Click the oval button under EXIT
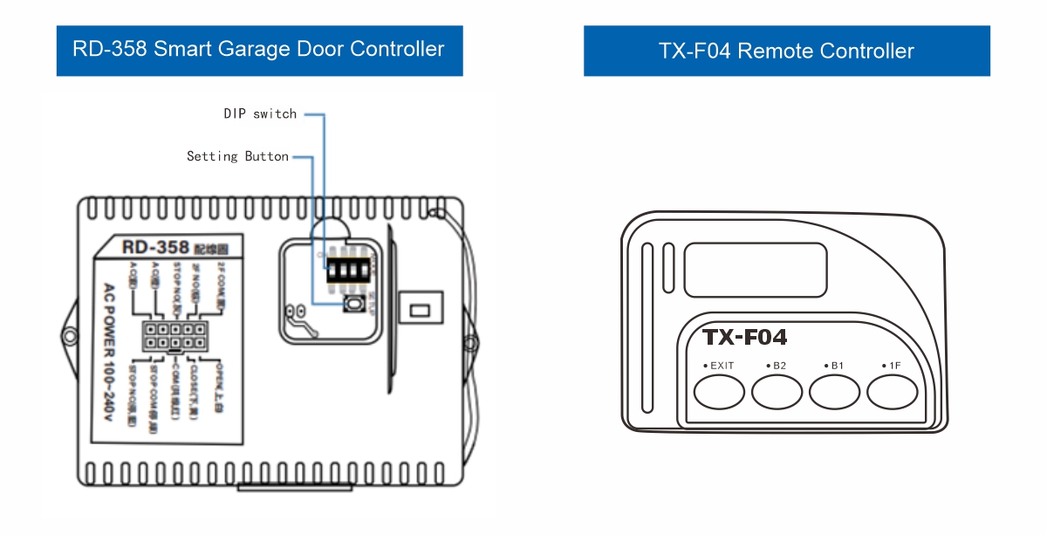pyautogui.click(x=719, y=392)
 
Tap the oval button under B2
pyautogui.click(x=777, y=392)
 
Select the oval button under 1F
pyautogui.click(x=892, y=392)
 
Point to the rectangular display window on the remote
pyautogui.click(x=755, y=268)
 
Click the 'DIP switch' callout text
pyautogui.click(x=260, y=113)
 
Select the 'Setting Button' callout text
pyautogui.click(x=237, y=156)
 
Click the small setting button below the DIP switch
pyautogui.click(x=355, y=305)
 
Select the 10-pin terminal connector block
pyautogui.click(x=175, y=336)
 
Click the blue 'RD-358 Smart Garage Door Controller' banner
pyautogui.click(x=259, y=50)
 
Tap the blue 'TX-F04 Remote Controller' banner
pyautogui.click(x=786, y=51)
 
